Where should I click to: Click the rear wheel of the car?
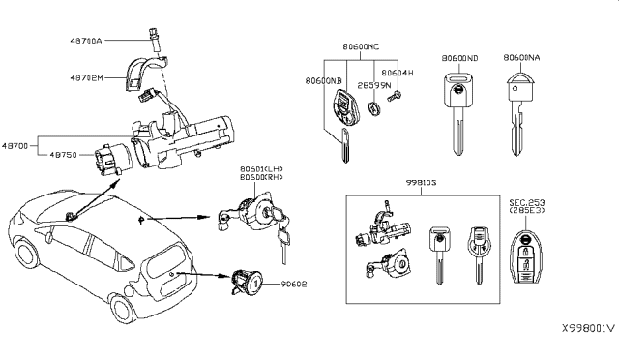tap(124, 309)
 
